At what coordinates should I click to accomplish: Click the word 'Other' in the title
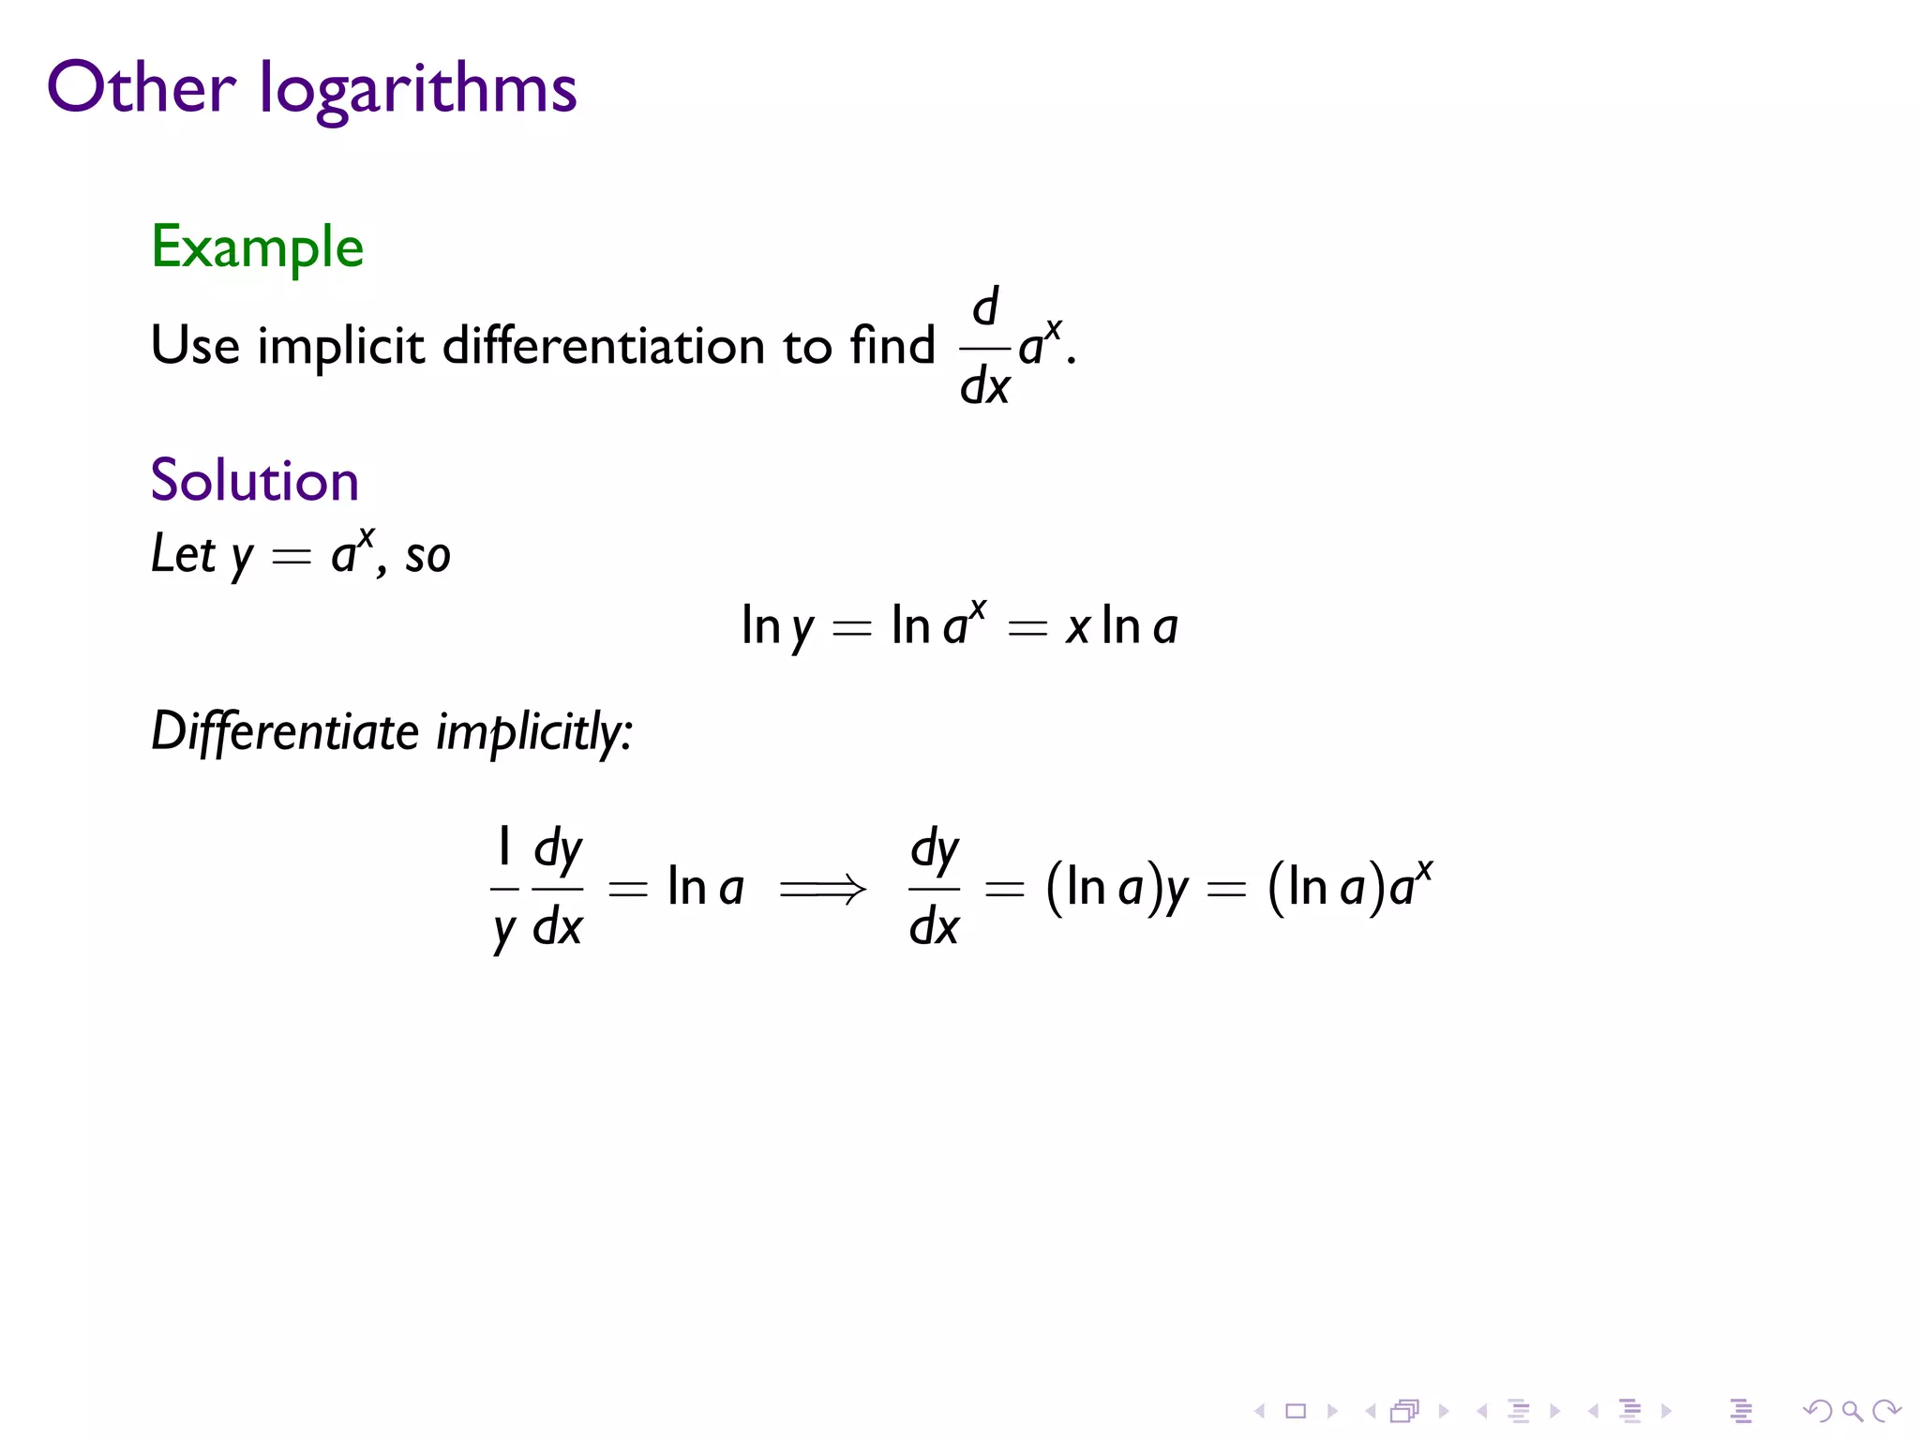[141, 87]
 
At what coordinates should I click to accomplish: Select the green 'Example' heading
[257, 247]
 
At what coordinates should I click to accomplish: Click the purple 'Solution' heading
[254, 480]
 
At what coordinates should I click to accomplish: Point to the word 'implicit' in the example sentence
[340, 346]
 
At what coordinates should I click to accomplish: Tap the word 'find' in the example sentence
[892, 344]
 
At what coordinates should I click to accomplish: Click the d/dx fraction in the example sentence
[984, 347]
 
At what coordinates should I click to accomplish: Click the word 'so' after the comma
[427, 556]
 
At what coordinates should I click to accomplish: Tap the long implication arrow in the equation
[823, 889]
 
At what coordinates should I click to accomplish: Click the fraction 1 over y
[504, 887]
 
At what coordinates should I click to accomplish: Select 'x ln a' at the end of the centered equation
[1121, 625]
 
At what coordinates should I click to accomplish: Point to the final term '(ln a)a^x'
[1349, 886]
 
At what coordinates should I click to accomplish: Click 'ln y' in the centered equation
[777, 626]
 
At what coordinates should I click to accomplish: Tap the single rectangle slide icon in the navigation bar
[1296, 1411]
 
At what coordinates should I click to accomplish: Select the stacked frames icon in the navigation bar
[1404, 1411]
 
